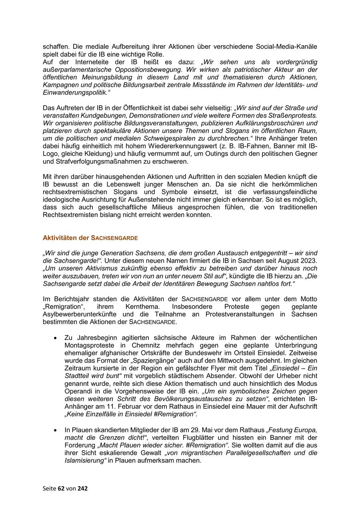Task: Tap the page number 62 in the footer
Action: [62, 488]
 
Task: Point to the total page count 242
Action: [82, 488]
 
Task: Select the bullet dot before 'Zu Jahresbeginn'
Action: [55, 338]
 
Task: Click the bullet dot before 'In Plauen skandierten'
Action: [55, 430]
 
